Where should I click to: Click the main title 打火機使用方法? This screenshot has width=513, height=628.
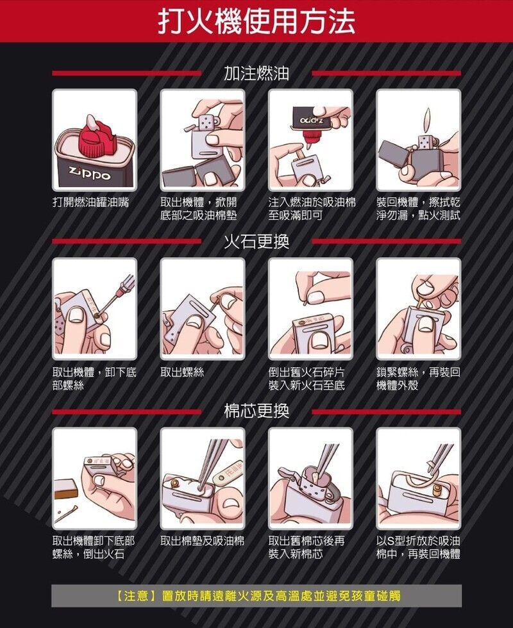tap(256, 21)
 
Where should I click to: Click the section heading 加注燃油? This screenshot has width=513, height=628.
tap(256, 73)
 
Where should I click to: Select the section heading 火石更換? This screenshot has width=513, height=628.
tap(256, 241)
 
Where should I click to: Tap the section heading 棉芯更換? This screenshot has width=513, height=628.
tap(256, 411)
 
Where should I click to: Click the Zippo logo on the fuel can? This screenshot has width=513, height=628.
tap(90, 174)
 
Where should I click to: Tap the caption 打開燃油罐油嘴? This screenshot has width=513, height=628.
tap(90, 202)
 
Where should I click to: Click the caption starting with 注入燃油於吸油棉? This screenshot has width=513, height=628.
tap(312, 209)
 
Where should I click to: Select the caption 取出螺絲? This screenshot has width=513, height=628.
tap(182, 372)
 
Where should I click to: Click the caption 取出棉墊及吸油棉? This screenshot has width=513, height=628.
tap(203, 541)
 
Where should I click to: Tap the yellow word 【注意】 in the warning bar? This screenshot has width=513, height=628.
tap(135, 595)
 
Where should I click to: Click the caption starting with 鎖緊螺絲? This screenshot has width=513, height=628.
tap(418, 379)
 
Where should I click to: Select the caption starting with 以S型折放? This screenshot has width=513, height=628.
tap(418, 547)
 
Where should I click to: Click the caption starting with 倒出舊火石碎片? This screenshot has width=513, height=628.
tap(307, 379)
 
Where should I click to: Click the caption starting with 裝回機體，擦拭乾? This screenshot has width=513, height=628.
tap(418, 209)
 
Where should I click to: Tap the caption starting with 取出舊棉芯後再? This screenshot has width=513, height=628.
tap(307, 547)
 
